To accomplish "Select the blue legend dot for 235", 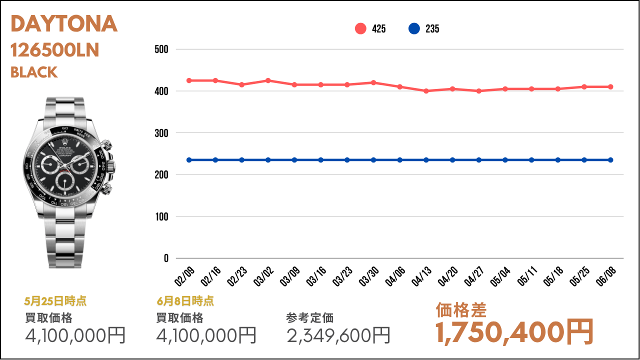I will (414, 29).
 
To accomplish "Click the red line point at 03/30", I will (373, 82).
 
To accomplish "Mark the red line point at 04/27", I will (479, 91).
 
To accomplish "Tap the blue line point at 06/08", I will (610, 160).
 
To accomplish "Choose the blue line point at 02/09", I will (189, 160).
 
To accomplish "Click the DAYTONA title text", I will (64, 24).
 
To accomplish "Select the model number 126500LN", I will (55, 50).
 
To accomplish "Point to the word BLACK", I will (34, 72).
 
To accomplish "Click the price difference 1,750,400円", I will (514, 332).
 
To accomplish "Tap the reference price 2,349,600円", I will (338, 335).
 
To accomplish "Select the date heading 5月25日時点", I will (55, 301).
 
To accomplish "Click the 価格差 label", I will (461, 310).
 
